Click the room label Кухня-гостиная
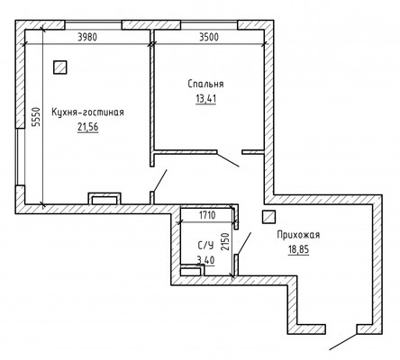click(x=87, y=112)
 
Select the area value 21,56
click(x=88, y=128)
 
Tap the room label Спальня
click(x=205, y=84)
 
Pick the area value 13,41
click(x=206, y=99)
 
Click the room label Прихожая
click(x=298, y=235)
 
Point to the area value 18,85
click(x=298, y=249)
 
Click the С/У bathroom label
click(x=205, y=246)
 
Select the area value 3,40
click(x=205, y=260)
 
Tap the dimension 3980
click(x=87, y=38)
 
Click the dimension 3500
click(x=209, y=38)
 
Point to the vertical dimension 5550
click(x=36, y=118)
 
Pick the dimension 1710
click(x=207, y=215)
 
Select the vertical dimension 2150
click(x=225, y=242)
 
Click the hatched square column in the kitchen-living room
click(x=60, y=67)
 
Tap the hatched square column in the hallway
click(x=268, y=217)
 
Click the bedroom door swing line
click(x=228, y=159)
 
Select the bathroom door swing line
click(x=243, y=244)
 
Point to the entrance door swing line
click(x=343, y=342)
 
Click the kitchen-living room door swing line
click(x=159, y=180)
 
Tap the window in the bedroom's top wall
click(x=209, y=25)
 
